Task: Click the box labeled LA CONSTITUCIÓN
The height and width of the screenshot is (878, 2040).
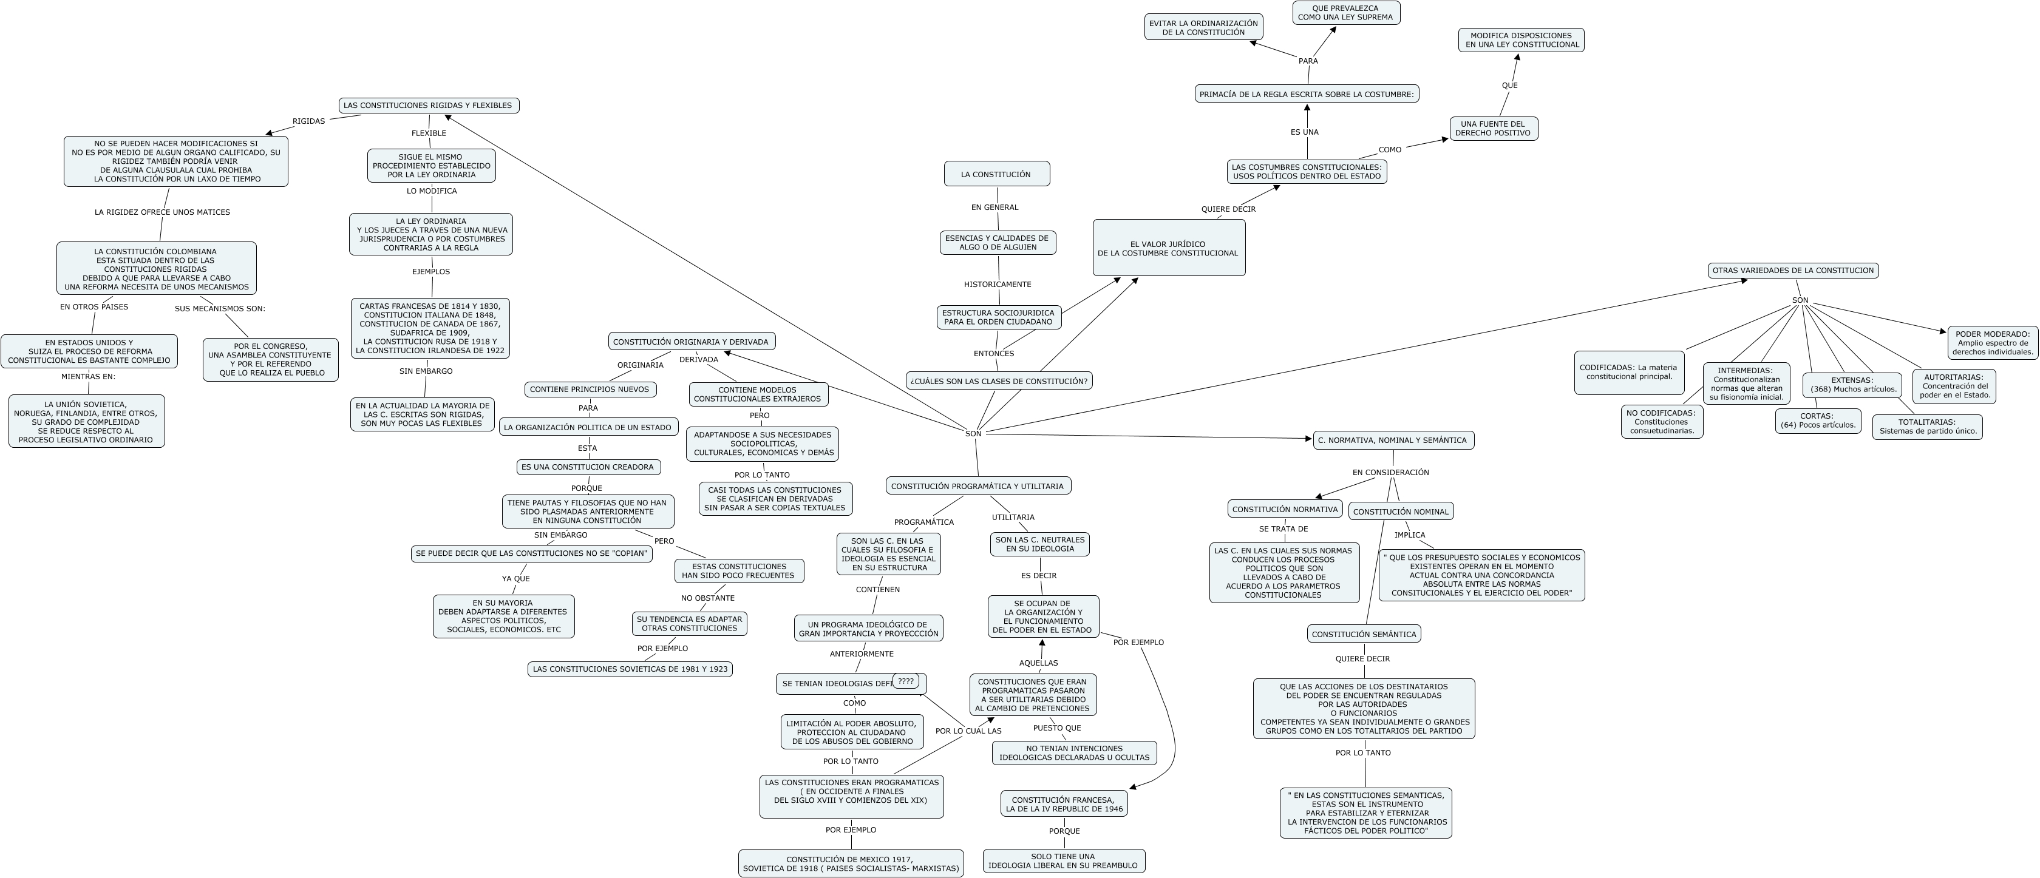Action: pos(996,174)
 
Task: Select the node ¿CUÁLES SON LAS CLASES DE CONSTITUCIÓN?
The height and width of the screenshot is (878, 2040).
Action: pos(999,381)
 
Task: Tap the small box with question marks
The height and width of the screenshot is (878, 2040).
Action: pos(905,681)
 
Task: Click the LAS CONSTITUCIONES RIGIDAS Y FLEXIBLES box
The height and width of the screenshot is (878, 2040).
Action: pos(429,106)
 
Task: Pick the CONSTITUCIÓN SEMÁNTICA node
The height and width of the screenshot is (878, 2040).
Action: pos(1364,634)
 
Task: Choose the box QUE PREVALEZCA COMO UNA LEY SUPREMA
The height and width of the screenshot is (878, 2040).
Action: pos(1345,13)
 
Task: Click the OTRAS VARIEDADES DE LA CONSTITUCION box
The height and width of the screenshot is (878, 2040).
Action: pos(1793,271)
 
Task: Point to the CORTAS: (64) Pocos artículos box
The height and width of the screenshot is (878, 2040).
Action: pos(1817,420)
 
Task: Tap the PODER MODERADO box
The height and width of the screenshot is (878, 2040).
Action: pos(1993,343)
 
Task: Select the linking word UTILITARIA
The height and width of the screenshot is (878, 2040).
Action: pos(1013,518)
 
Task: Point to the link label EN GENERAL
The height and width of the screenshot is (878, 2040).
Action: pos(994,208)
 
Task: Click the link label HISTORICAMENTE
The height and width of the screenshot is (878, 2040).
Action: pos(997,284)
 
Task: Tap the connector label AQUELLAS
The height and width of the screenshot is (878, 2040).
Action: pos(1038,663)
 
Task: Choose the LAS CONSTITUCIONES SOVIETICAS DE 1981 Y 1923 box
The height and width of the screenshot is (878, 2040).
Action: pos(630,669)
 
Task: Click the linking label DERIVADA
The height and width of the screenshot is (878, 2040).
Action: pos(698,359)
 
